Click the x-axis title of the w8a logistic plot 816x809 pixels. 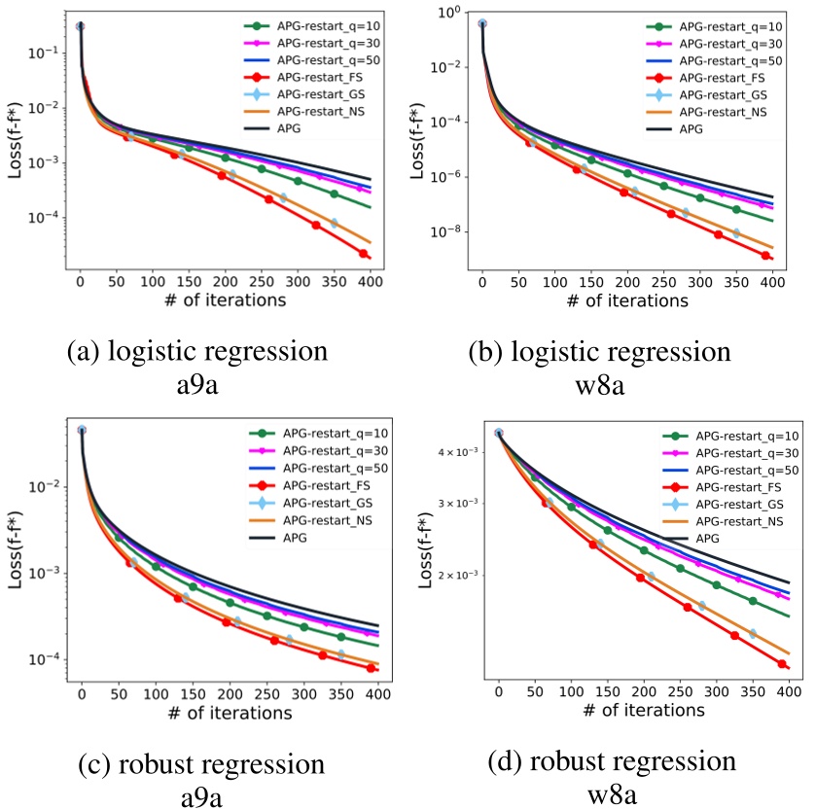coord(625,301)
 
